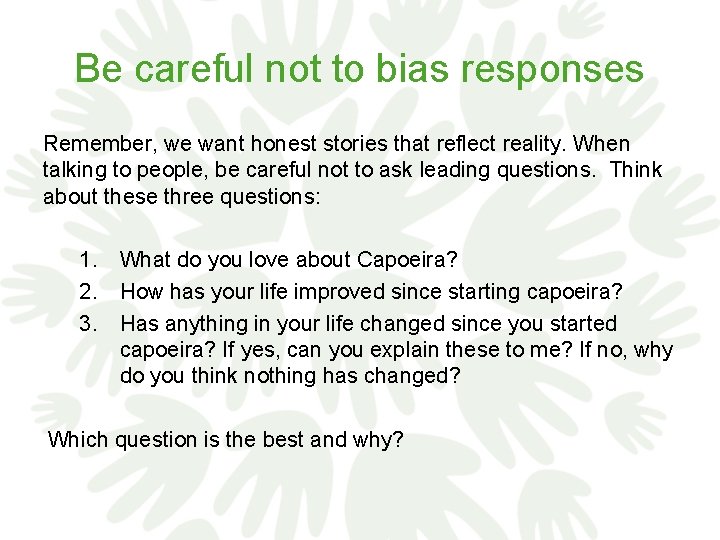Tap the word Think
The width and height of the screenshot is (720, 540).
tap(635, 170)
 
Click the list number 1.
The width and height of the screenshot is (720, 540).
tap(89, 261)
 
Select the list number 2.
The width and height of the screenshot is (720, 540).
tap(89, 292)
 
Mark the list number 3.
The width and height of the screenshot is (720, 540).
tap(89, 323)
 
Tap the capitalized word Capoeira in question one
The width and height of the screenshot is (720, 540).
tap(406, 261)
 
